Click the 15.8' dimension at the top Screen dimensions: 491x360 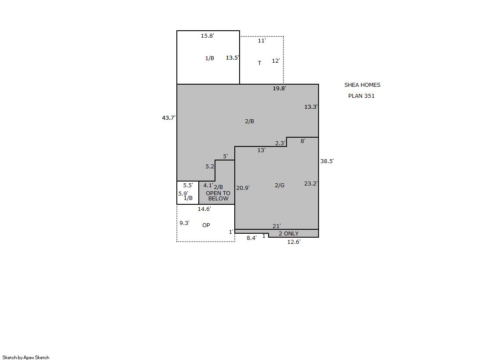pyautogui.click(x=207, y=36)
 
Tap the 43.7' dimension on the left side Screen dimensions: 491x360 pyautogui.click(x=169, y=118)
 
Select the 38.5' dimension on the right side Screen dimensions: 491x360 pyautogui.click(x=327, y=161)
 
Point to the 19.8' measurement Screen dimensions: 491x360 pyautogui.click(x=280, y=88)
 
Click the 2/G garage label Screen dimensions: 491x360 pyautogui.click(x=280, y=185)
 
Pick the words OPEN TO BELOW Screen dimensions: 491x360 pyautogui.click(x=218, y=196)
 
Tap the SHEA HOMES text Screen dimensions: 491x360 pyautogui.click(x=362, y=85)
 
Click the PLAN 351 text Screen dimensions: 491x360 pyautogui.click(x=362, y=96)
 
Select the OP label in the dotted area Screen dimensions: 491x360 pyautogui.click(x=206, y=225)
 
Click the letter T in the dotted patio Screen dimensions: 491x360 pyautogui.click(x=259, y=63)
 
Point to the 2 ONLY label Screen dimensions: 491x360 pyautogui.click(x=289, y=234)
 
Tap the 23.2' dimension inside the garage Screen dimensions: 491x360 pyautogui.click(x=311, y=183)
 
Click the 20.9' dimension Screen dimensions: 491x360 pyautogui.click(x=243, y=188)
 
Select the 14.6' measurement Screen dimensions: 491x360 pyautogui.click(x=204, y=209)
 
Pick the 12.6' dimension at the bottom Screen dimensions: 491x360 pyautogui.click(x=294, y=242)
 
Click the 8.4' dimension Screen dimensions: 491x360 pyautogui.click(x=252, y=238)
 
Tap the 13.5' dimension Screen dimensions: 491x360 pyautogui.click(x=233, y=57)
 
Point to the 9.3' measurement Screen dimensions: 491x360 pyautogui.click(x=184, y=223)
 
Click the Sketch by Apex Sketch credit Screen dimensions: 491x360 pyautogui.click(x=26, y=357)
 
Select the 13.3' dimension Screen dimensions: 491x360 pyautogui.click(x=311, y=107)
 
